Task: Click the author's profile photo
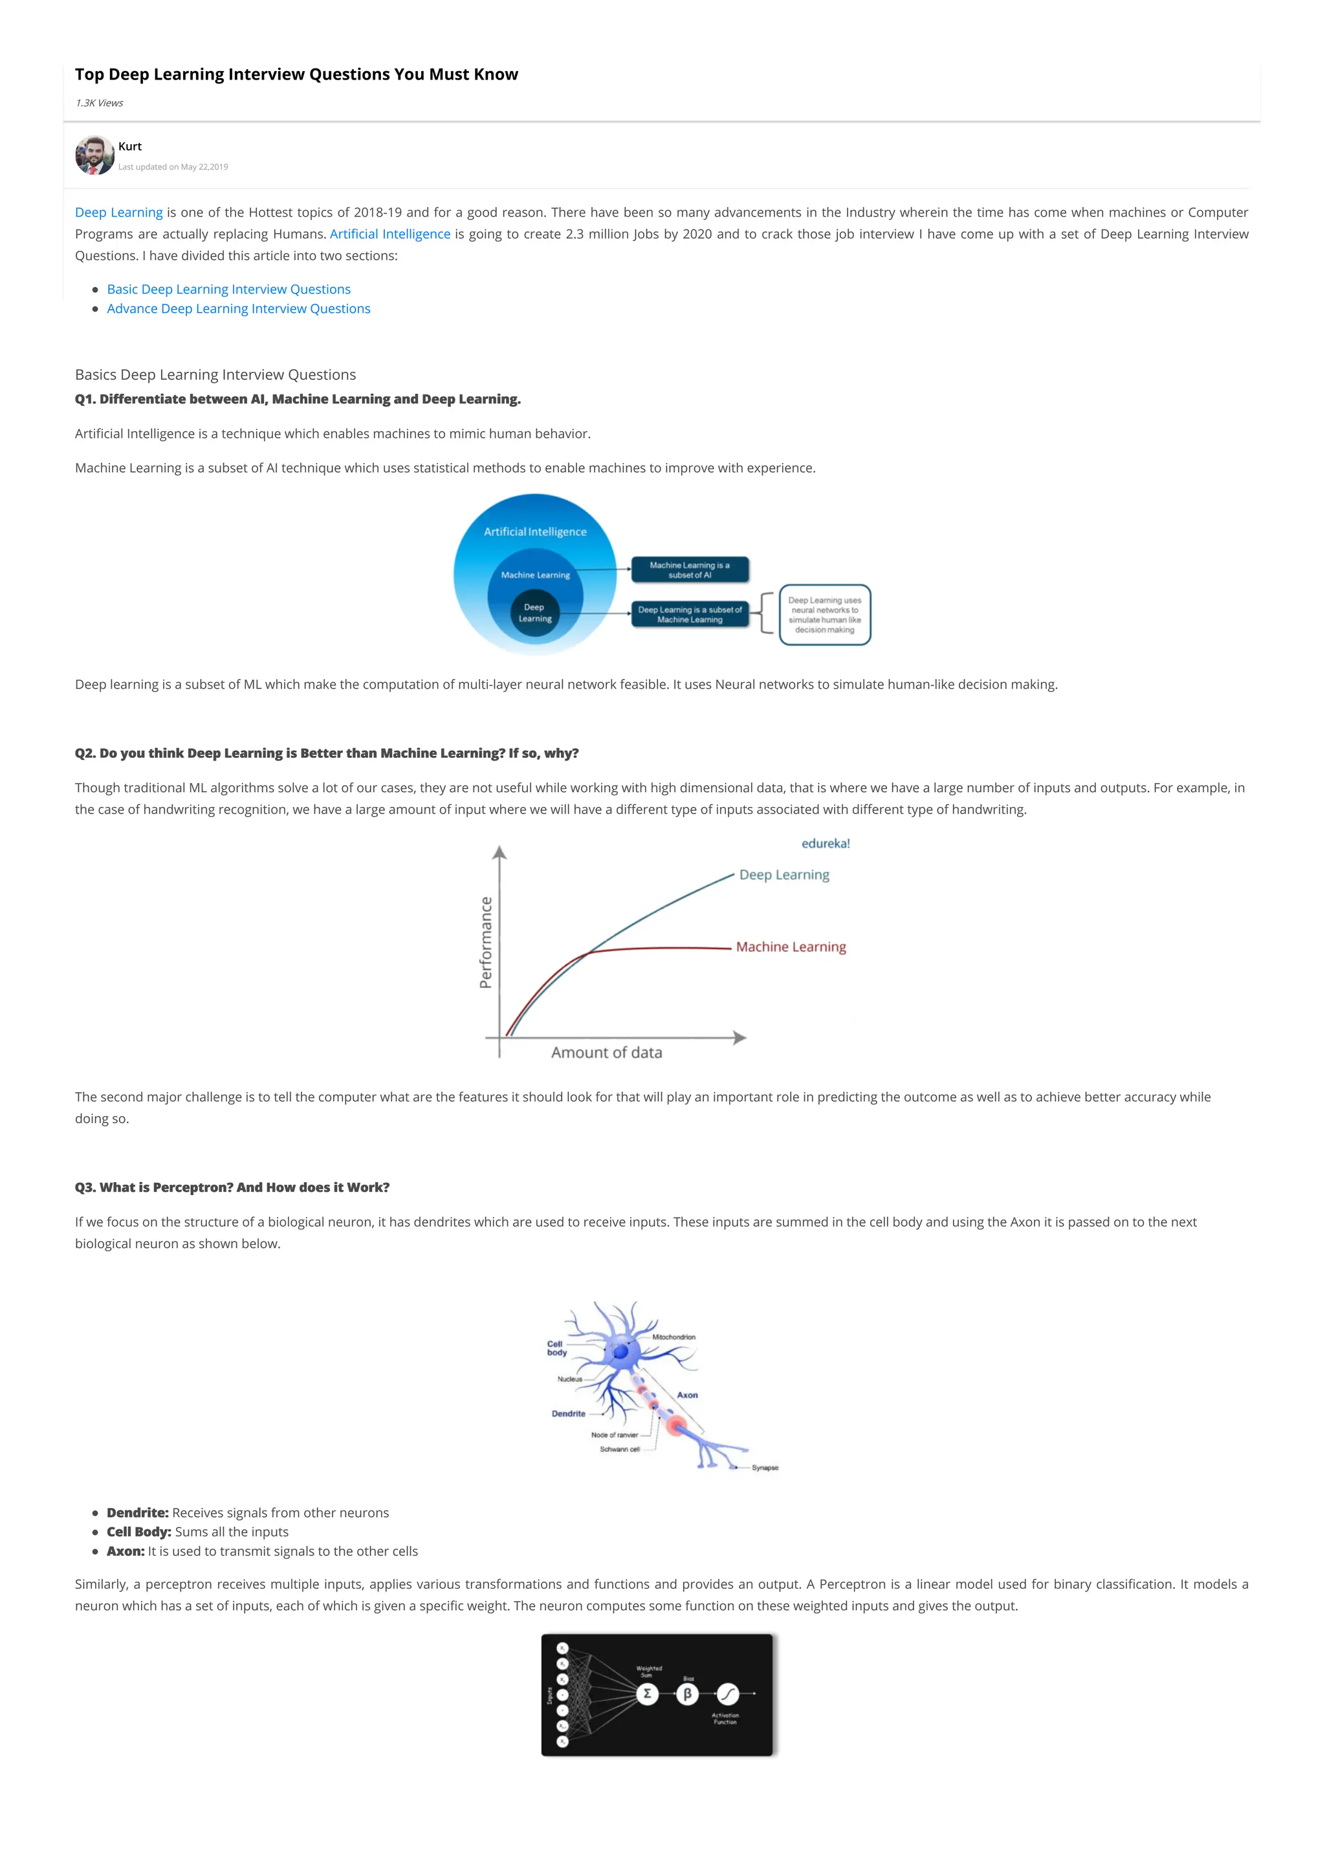pyautogui.click(x=94, y=155)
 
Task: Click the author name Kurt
pyautogui.click(x=130, y=146)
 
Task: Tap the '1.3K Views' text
pyautogui.click(x=99, y=103)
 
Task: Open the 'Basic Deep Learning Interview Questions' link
pyautogui.click(x=228, y=289)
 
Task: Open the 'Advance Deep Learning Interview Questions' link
pyautogui.click(x=238, y=308)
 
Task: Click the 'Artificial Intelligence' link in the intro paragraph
pyautogui.click(x=389, y=234)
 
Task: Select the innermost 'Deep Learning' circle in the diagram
pyautogui.click(x=535, y=613)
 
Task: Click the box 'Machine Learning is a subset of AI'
pyautogui.click(x=690, y=570)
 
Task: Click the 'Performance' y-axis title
pyautogui.click(x=487, y=942)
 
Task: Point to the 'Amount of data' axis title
pyautogui.click(x=607, y=1052)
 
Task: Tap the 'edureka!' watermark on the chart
pyautogui.click(x=826, y=844)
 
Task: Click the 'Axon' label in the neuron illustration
pyautogui.click(x=687, y=1395)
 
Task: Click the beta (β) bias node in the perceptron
pyautogui.click(x=687, y=1694)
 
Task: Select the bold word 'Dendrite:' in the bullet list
pyautogui.click(x=137, y=1513)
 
